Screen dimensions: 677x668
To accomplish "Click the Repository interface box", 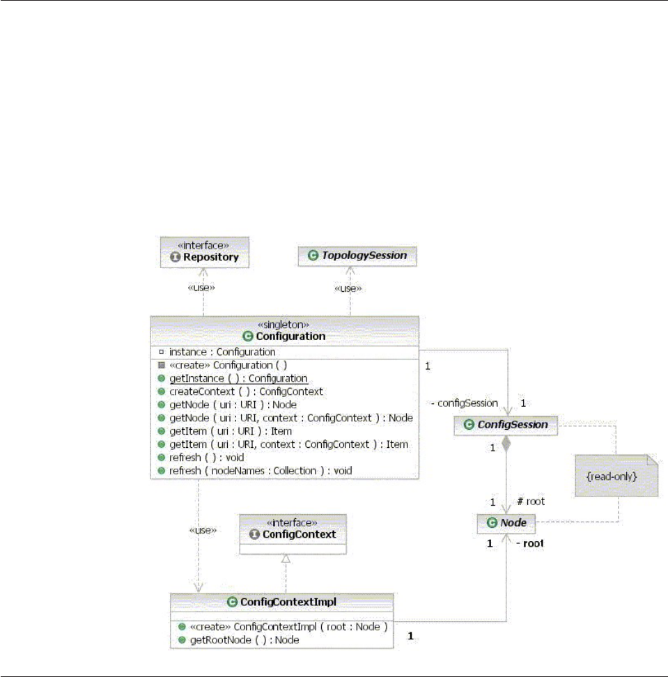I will pos(204,251).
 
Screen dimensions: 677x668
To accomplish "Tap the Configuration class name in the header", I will pos(291,336).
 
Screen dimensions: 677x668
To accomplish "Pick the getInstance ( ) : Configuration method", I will pos(238,378).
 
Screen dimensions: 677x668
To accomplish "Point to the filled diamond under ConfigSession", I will pos(506,444).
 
